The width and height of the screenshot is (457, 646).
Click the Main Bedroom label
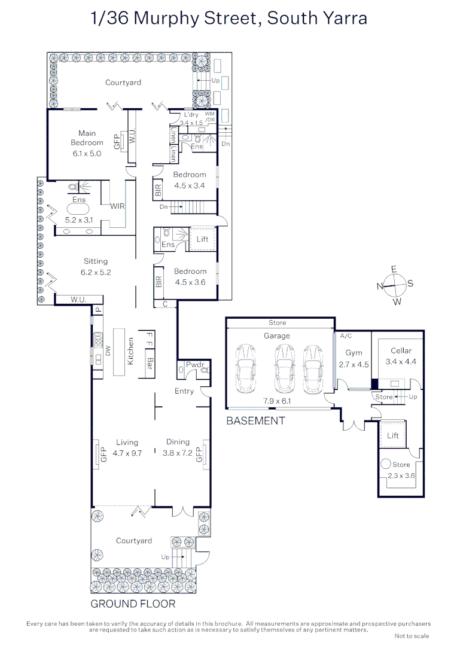(87, 138)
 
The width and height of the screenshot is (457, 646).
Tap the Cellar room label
(401, 351)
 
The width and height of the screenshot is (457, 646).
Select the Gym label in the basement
(354, 353)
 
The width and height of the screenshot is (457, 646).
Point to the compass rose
(395, 285)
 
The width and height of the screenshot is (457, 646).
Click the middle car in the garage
(284, 368)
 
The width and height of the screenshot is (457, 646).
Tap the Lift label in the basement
(393, 435)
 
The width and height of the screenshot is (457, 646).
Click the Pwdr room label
(195, 365)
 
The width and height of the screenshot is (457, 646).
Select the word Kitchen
(130, 351)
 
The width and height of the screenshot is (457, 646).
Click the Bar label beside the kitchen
(150, 363)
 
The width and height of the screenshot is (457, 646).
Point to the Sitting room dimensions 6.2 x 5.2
(96, 272)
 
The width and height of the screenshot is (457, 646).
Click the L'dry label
(191, 115)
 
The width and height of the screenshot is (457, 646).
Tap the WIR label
(117, 206)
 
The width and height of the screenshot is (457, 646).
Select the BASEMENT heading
(255, 420)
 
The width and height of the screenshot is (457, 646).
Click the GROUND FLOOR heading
(133, 604)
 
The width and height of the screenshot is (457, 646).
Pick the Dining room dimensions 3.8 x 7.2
(178, 453)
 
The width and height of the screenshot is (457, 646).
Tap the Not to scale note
(412, 636)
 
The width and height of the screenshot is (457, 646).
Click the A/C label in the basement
(346, 336)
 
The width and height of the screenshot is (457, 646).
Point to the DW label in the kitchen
(108, 351)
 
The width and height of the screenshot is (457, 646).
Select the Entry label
(184, 391)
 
